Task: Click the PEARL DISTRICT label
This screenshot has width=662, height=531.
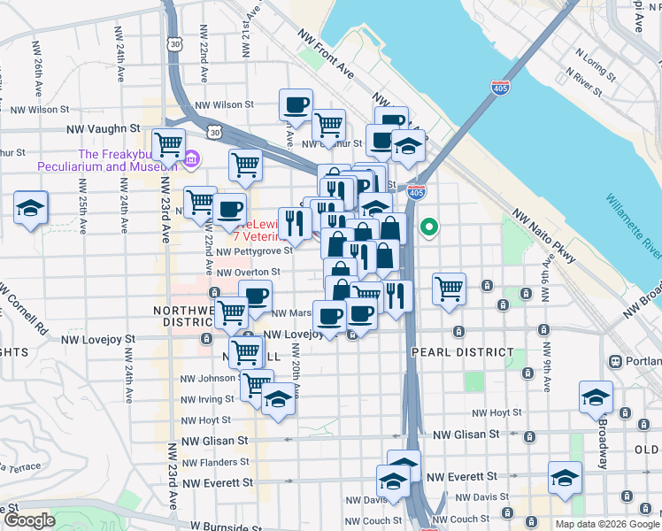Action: point(462,352)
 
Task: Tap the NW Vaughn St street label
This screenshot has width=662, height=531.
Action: point(103,129)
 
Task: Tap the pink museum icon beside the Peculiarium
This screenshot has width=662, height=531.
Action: point(192,159)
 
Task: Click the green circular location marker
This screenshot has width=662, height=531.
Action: point(429,228)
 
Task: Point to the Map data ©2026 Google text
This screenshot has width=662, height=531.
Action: point(606,524)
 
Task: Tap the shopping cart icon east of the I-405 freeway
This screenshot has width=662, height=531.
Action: point(450,288)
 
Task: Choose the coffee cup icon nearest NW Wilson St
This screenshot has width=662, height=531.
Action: point(296,104)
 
